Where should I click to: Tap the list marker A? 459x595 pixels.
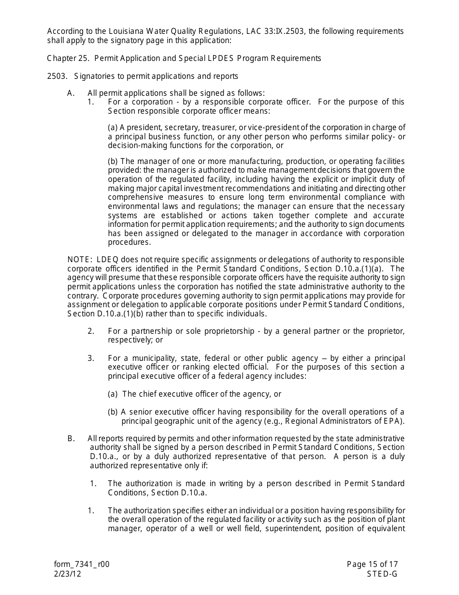[71, 93]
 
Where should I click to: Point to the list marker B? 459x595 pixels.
[71, 439]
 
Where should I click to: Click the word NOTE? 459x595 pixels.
[80, 260]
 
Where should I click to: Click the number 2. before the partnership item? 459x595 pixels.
[91, 331]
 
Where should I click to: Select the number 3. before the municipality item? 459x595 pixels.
[91, 358]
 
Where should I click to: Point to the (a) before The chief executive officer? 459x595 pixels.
[113, 394]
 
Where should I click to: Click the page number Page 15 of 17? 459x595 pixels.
[372, 565]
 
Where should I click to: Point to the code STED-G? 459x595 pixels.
[382, 574]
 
